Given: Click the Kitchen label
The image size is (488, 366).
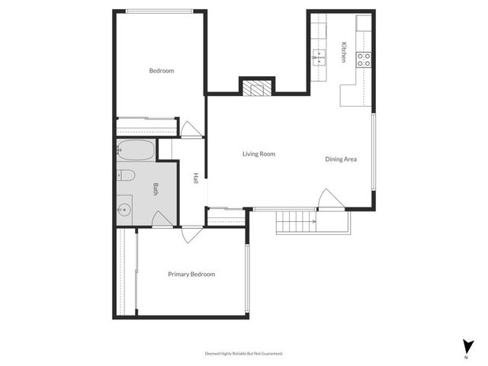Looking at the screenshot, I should coord(345,52).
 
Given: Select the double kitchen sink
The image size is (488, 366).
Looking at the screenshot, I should coord(319,55).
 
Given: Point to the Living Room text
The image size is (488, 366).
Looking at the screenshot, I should coord(258,154).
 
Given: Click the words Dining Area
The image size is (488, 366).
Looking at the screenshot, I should coord(341,159).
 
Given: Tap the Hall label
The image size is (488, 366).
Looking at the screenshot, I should coord(196,177).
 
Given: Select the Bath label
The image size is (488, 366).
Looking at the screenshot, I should coord(156,189).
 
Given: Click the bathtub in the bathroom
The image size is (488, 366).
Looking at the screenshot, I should coord(136,150).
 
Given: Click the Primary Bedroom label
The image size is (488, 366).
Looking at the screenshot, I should coord(191,274).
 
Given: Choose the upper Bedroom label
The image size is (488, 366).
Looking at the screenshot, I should coord(161,71).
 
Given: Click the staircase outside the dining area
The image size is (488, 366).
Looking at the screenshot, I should coord(296,222).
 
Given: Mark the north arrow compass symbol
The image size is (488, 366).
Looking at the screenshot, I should coord(466,345).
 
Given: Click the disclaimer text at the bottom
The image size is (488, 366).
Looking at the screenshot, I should coord(244,353).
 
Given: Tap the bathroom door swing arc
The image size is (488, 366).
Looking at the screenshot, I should coord(162,220).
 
